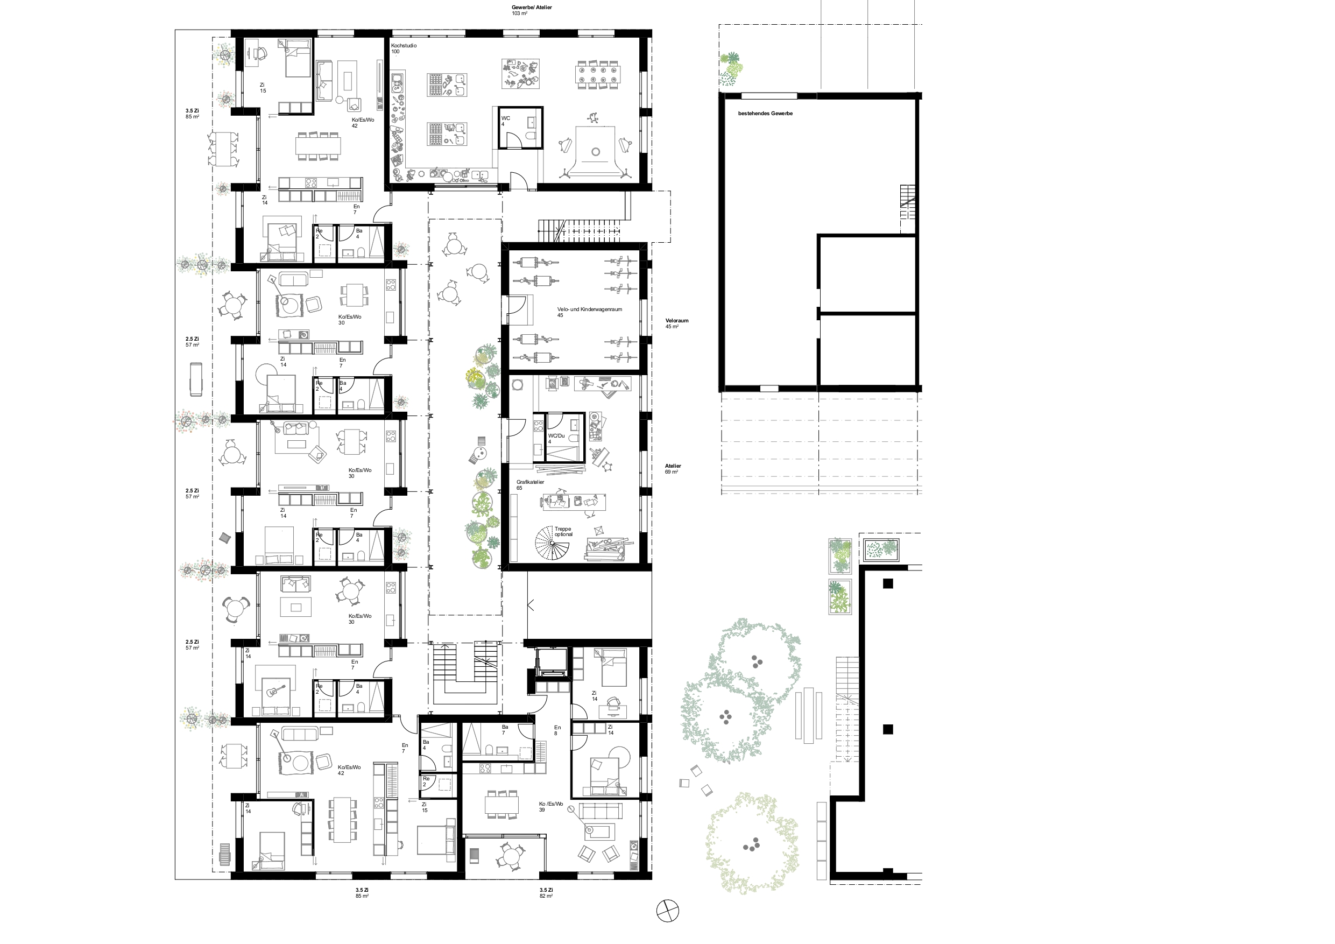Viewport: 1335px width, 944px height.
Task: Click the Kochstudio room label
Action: click(x=404, y=45)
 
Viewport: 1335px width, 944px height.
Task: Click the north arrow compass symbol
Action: click(x=667, y=910)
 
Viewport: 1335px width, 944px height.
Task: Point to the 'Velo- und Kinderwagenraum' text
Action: click(x=590, y=309)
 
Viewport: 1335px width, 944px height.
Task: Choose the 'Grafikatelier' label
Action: click(x=530, y=482)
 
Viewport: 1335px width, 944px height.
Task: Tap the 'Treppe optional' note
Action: click(x=563, y=532)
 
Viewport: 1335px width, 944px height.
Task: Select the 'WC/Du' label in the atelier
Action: click(x=556, y=435)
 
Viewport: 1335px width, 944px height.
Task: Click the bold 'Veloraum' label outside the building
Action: click(x=677, y=320)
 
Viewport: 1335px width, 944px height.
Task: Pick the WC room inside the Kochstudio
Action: click(x=521, y=128)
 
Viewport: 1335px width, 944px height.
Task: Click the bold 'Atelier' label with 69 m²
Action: click(x=673, y=466)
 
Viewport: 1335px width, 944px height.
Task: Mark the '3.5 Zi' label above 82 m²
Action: click(x=546, y=890)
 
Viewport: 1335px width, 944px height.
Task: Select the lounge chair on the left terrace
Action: click(x=195, y=379)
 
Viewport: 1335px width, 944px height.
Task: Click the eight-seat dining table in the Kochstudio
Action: click(x=598, y=74)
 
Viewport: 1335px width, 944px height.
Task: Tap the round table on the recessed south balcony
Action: click(x=510, y=856)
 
